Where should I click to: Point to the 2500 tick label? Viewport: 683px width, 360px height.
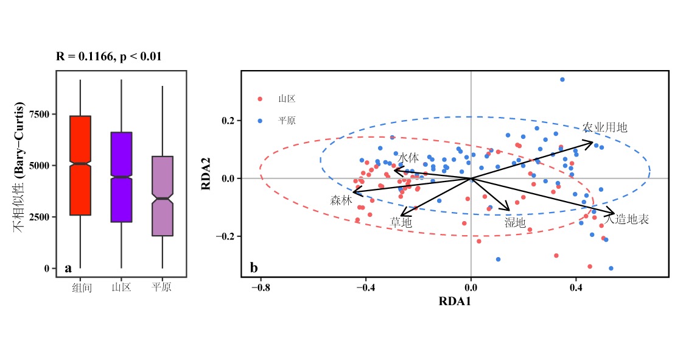pyautogui.click(x=40, y=217)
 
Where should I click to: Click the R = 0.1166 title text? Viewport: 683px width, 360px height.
pyautogui.click(x=109, y=57)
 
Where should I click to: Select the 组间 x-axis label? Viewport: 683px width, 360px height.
pyautogui.click(x=82, y=287)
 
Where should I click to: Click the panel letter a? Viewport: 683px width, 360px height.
pyautogui.click(x=68, y=268)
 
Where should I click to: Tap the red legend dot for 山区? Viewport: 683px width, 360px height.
pyautogui.click(x=260, y=99)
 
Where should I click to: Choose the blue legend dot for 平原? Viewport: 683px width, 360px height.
pyautogui.click(x=260, y=121)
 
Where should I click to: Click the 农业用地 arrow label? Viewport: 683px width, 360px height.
pyautogui.click(x=604, y=127)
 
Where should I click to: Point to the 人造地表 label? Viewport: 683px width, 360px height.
pyautogui.click(x=626, y=219)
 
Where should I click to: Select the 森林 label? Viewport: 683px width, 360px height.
pyautogui.click(x=341, y=200)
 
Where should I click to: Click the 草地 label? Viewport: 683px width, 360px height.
pyautogui.click(x=401, y=223)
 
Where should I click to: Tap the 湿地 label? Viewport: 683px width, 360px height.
pyautogui.click(x=515, y=223)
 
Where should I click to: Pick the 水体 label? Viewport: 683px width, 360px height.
pyautogui.click(x=408, y=157)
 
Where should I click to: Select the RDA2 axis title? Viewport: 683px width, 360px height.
pyautogui.click(x=206, y=174)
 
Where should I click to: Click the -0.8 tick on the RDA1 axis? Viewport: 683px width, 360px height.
pyautogui.click(x=261, y=286)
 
